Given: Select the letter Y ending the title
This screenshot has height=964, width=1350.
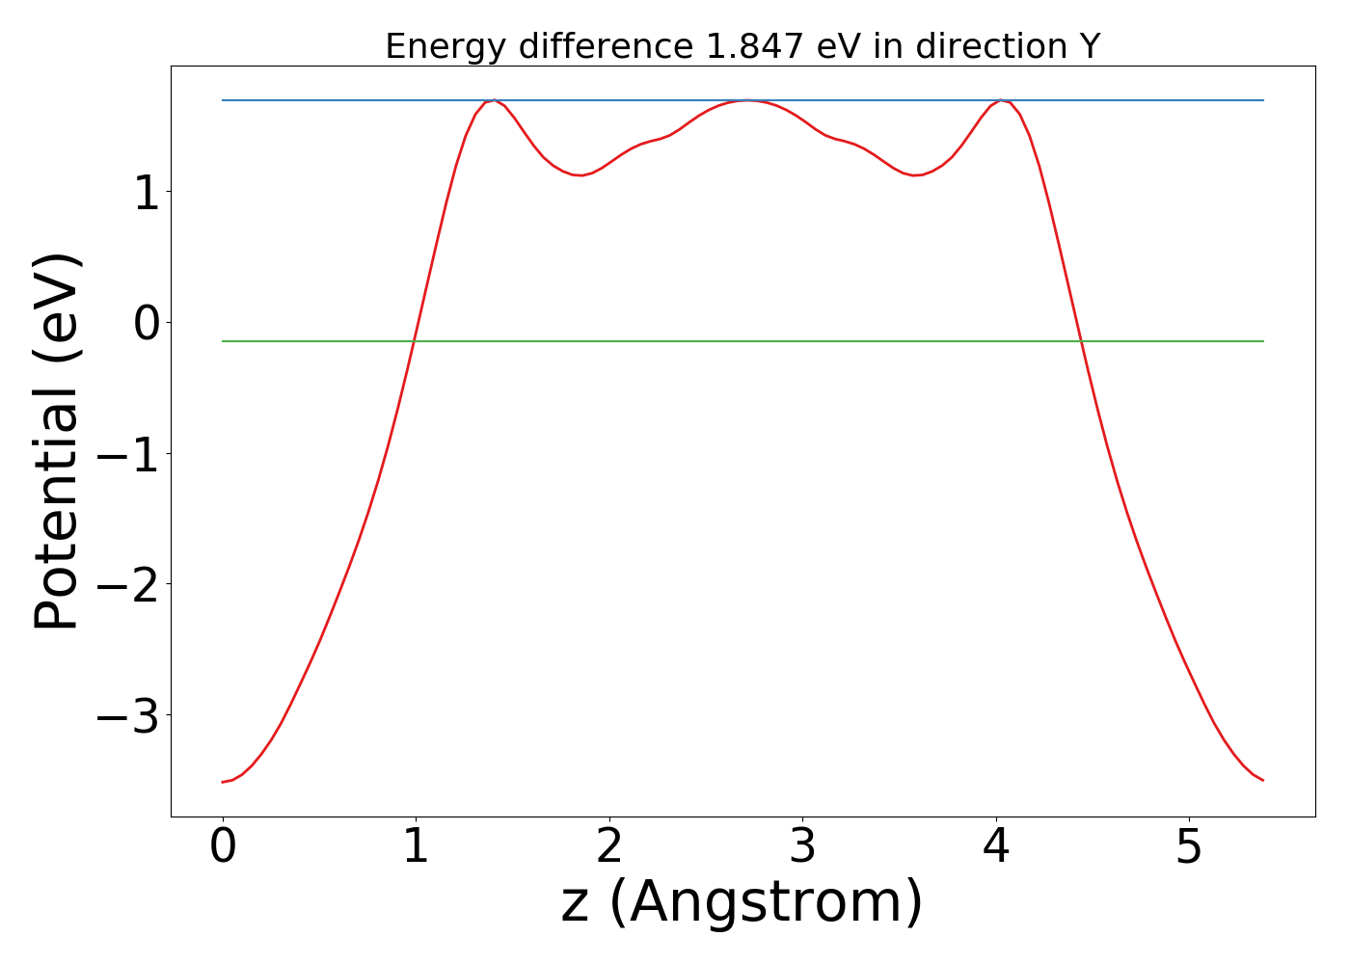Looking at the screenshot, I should point(1089,45).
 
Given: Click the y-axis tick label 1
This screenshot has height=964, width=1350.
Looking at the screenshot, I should point(148,194).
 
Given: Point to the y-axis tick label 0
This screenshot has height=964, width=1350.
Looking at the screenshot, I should point(148,324).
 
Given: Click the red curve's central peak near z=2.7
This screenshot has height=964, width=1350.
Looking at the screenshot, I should point(746,100).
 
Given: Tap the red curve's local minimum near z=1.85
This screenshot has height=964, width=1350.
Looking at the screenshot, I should point(580,175).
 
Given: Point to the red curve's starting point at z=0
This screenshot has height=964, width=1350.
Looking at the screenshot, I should point(223,782).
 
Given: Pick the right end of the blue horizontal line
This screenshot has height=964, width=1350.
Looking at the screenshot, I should point(1263,100).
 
